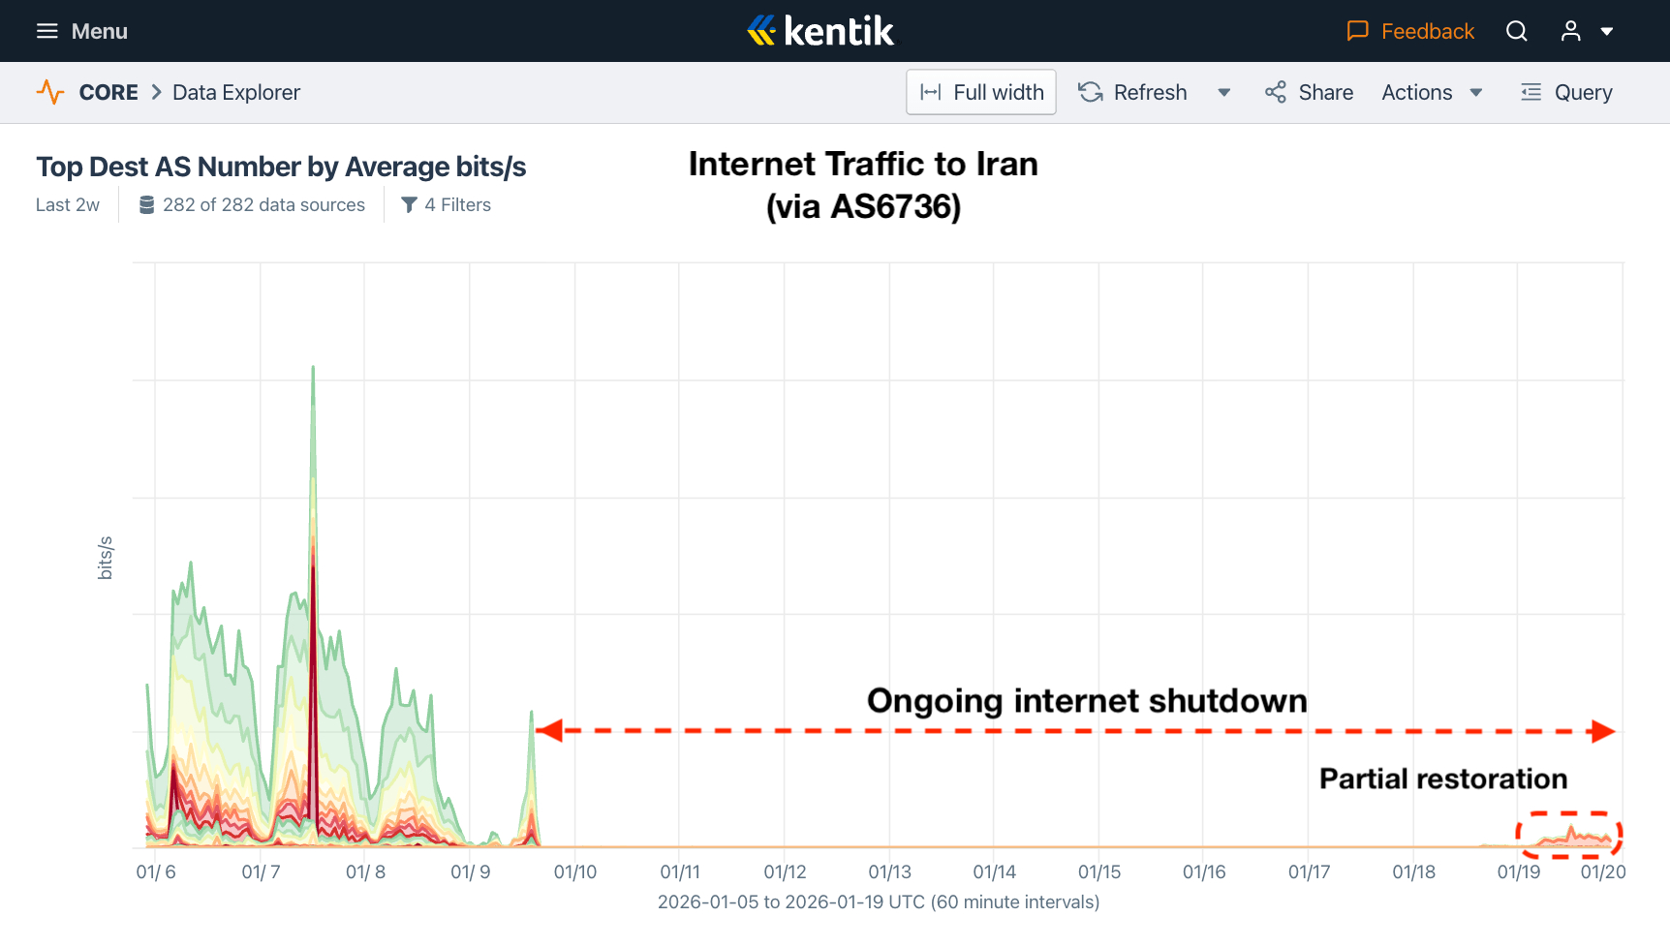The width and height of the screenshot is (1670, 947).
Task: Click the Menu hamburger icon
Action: click(x=46, y=31)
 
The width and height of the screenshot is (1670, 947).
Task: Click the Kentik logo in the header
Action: click(x=821, y=31)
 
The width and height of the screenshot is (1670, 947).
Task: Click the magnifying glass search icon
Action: click(x=1517, y=31)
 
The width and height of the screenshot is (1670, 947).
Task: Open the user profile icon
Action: click(x=1570, y=31)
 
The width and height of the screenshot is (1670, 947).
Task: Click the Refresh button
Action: click(x=1133, y=92)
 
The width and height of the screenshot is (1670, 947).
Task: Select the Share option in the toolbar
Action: click(x=1309, y=92)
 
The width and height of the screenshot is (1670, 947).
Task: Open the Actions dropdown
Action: click(x=1432, y=92)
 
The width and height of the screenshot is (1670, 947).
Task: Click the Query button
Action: click(x=1566, y=92)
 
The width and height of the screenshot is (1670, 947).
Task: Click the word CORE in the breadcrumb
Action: click(x=108, y=92)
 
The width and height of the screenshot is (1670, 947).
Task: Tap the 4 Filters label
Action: click(x=447, y=204)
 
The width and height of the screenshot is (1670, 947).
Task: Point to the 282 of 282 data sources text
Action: click(x=253, y=204)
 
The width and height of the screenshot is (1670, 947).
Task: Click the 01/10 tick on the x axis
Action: click(x=575, y=871)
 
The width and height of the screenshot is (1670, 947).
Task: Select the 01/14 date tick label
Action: click(x=995, y=871)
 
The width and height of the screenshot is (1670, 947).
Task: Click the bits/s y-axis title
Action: click(x=106, y=558)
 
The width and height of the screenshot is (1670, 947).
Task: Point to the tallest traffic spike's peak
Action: click(x=313, y=368)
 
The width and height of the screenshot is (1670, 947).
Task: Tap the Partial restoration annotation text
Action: click(x=1442, y=779)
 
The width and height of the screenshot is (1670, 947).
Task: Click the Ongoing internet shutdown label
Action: click(x=1086, y=700)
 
